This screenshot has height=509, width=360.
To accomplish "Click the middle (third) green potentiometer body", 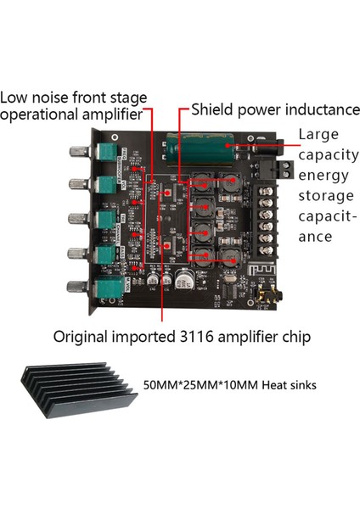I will [109, 218].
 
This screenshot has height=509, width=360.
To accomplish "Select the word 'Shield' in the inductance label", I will [211, 109].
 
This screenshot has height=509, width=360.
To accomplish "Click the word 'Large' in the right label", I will [317, 134].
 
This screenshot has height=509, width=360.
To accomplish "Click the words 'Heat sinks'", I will [291, 385].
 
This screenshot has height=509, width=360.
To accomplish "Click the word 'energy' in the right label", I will [320, 175].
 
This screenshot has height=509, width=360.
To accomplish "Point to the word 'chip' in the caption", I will [295, 337].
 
